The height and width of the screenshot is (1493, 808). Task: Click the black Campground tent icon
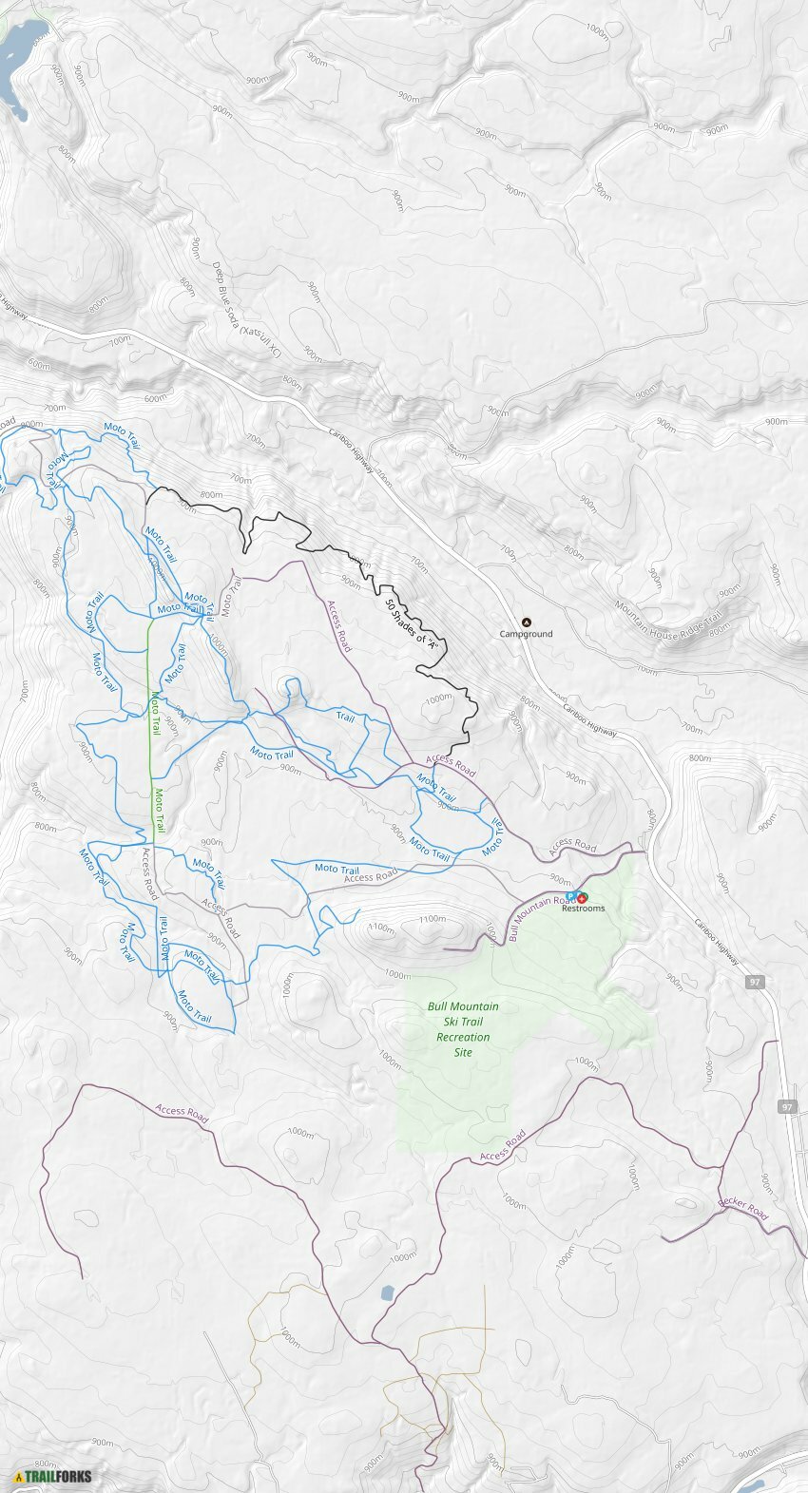pyautogui.click(x=527, y=622)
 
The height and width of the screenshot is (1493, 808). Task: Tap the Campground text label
pyautogui.click(x=527, y=634)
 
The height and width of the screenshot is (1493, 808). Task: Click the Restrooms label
pyautogui.click(x=583, y=909)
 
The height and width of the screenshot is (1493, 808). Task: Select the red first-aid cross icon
pyautogui.click(x=581, y=897)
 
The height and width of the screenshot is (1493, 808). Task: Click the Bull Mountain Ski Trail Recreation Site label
pyautogui.click(x=463, y=1029)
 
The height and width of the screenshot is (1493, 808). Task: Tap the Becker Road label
pyautogui.click(x=743, y=1208)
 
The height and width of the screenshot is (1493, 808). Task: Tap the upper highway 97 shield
pyautogui.click(x=754, y=982)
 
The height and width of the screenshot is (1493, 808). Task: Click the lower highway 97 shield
pyautogui.click(x=787, y=1107)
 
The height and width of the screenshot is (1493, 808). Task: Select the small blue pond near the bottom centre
pyautogui.click(x=386, y=1292)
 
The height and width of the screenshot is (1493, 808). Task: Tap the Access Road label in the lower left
pyautogui.click(x=182, y=1111)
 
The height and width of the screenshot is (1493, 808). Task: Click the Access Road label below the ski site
pyautogui.click(x=502, y=1146)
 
